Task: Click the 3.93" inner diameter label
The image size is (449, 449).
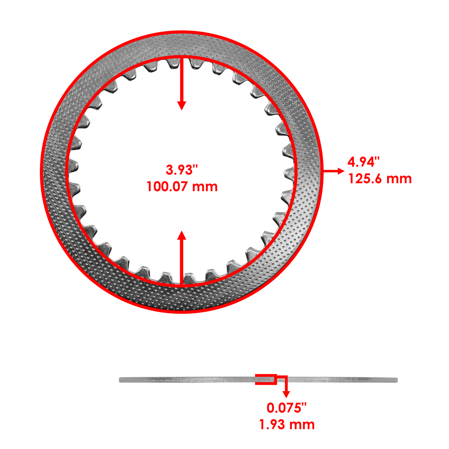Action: pyautogui.click(x=182, y=170)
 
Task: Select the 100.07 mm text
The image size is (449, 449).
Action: pyautogui.click(x=182, y=187)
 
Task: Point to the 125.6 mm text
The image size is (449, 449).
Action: pyautogui.click(x=380, y=179)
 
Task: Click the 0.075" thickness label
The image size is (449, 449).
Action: pyautogui.click(x=286, y=408)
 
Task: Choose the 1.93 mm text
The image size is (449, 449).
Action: pyautogui.click(x=286, y=425)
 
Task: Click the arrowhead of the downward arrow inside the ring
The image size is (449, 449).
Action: pyautogui.click(x=182, y=106)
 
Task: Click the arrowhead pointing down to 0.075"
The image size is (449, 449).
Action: pyautogui.click(x=286, y=394)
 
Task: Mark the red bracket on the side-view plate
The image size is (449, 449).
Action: pyautogui.click(x=266, y=379)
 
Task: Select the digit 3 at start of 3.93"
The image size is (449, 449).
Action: pyautogui.click(x=169, y=170)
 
